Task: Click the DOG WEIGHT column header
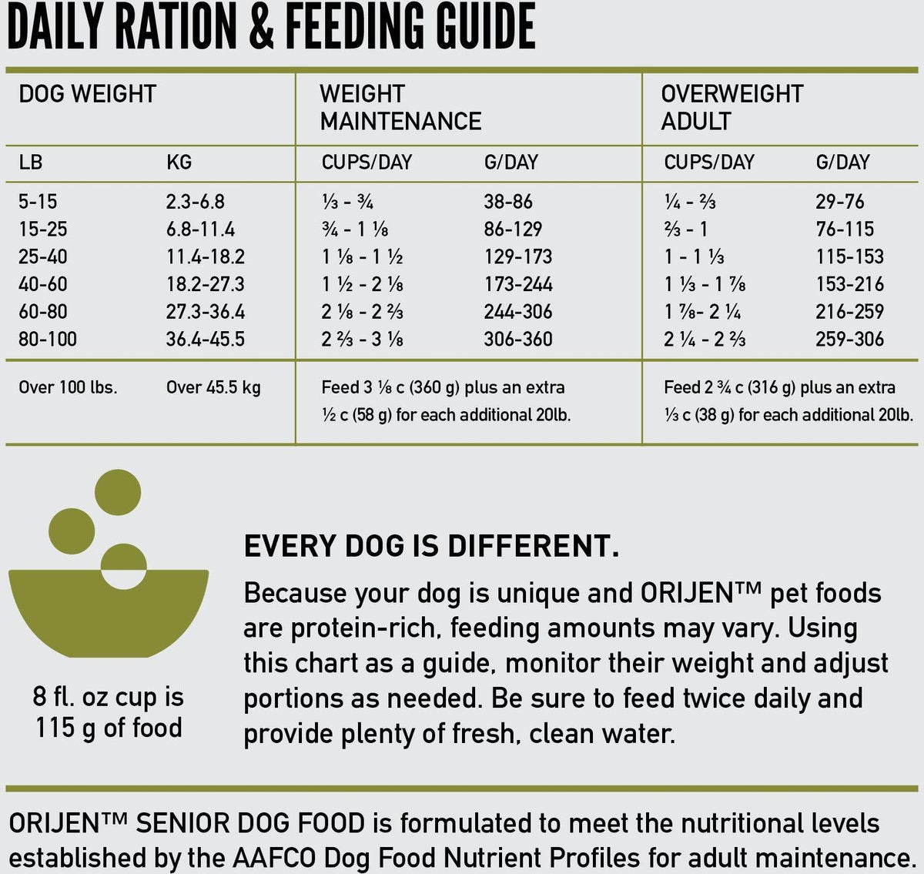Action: point(87,94)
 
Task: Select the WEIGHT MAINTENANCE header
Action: point(400,108)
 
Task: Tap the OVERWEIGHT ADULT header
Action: point(731,108)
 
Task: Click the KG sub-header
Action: point(179,162)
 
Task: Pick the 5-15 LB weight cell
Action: point(38,202)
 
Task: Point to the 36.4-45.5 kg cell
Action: point(205,339)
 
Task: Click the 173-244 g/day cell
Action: point(517,284)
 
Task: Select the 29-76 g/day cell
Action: point(839,202)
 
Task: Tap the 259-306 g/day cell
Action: point(849,339)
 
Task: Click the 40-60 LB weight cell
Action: point(42,284)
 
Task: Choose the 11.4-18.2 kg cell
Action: point(205,256)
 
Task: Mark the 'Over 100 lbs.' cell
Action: point(68,387)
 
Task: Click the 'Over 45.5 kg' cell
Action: point(213,387)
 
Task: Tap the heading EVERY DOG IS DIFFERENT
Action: point(431,546)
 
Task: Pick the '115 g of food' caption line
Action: point(108,728)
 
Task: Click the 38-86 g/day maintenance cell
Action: point(507,202)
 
